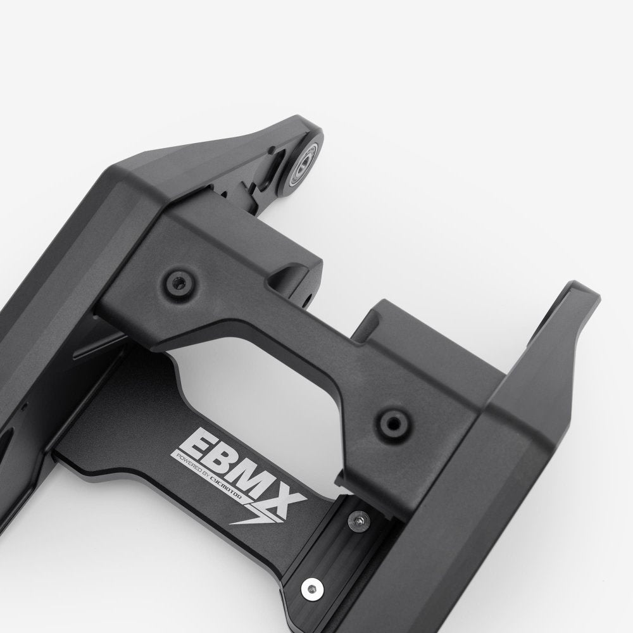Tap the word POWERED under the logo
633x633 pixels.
point(190,463)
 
